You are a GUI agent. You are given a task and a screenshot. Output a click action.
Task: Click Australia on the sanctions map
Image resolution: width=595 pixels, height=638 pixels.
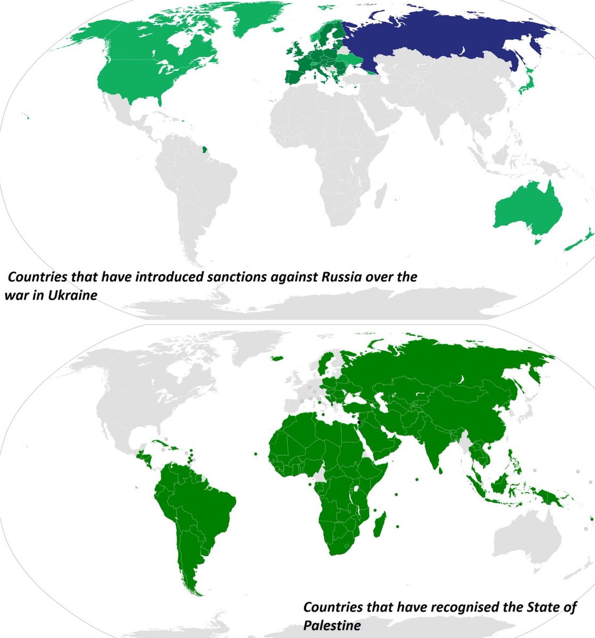(526, 213)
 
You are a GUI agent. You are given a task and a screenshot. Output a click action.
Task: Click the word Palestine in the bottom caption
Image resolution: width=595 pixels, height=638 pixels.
(332, 625)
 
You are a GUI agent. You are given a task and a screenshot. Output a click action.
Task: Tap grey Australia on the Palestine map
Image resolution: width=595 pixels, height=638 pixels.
(526, 537)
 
